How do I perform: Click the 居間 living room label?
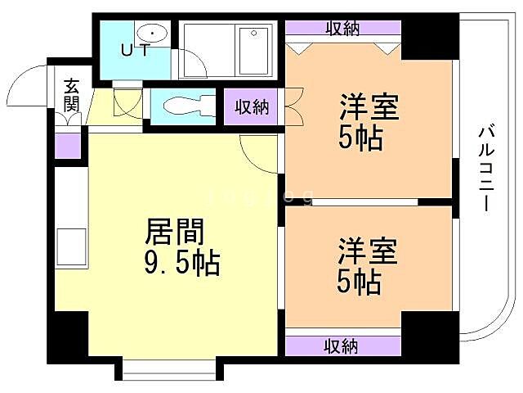174,233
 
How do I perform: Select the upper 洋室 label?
369,107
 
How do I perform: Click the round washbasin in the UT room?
151,33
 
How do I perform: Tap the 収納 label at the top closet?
343,29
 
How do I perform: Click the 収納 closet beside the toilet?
252,106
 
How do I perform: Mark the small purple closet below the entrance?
68,144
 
